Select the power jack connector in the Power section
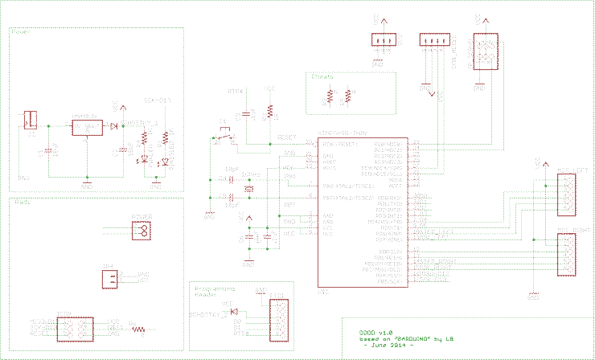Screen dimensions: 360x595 click(31, 121)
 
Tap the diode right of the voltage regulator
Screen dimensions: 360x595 click(113, 126)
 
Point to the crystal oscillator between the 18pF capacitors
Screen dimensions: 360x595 click(248, 188)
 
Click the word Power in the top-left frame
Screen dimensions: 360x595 click(21, 33)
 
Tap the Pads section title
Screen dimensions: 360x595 click(22, 202)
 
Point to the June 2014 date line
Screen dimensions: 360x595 click(389, 344)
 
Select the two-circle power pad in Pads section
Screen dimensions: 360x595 click(142, 231)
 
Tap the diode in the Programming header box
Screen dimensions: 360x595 click(235, 311)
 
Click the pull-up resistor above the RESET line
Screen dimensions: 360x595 click(270, 111)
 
